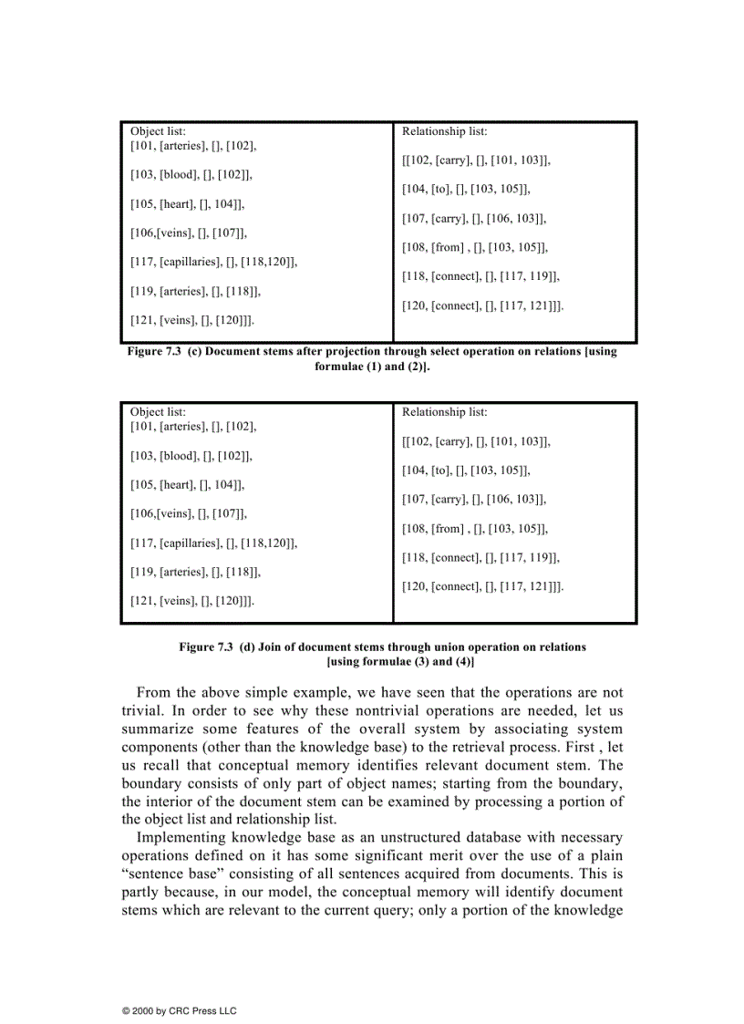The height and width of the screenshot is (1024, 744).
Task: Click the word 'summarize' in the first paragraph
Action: (155, 729)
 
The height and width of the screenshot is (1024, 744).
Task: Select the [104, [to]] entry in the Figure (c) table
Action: (466, 189)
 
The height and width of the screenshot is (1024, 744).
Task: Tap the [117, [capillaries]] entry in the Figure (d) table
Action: (214, 543)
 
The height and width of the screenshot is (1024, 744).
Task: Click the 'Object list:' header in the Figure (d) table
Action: (158, 412)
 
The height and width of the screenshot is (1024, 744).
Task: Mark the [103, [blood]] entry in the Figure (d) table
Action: (191, 455)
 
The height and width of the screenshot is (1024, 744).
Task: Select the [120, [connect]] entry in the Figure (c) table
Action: (483, 305)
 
